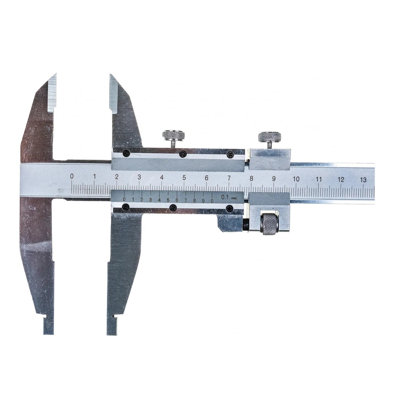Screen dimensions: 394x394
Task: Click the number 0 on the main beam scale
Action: click(x=72, y=176)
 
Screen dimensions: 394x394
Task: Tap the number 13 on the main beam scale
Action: click(x=363, y=180)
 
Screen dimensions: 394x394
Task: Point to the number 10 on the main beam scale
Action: click(x=296, y=179)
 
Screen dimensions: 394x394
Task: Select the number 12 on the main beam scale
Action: click(x=341, y=180)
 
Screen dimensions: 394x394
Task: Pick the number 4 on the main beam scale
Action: click(x=162, y=177)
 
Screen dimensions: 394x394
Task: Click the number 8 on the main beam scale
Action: click(x=251, y=179)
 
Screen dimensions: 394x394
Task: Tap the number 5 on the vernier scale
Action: click(x=168, y=200)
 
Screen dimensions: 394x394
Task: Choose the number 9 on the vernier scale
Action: click(x=203, y=201)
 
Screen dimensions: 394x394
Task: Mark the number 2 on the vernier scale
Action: click(x=142, y=200)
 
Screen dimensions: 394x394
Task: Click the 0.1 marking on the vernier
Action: click(x=225, y=197)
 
